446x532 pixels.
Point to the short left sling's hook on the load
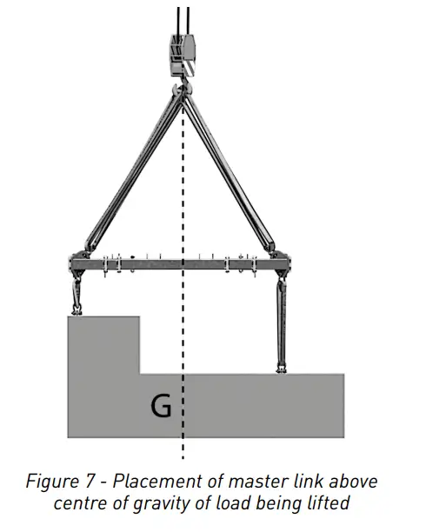pyautogui.click(x=77, y=303)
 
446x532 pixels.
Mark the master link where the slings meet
pyautogui.click(x=181, y=88)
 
